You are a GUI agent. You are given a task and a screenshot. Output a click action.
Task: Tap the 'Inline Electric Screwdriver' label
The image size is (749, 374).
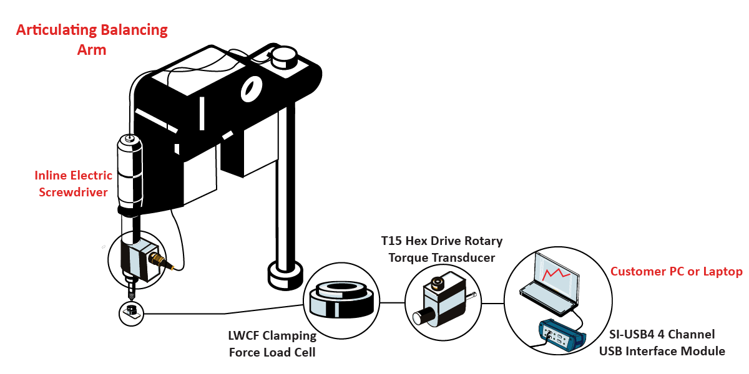click(74, 183)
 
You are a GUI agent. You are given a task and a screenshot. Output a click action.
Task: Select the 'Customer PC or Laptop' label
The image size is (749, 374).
click(676, 272)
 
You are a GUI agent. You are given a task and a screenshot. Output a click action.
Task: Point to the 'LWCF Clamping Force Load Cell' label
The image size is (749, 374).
click(272, 344)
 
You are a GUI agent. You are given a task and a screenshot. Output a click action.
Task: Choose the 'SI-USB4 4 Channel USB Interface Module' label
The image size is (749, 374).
click(662, 343)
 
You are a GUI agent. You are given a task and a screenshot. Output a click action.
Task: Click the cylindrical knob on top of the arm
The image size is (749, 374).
click(284, 57)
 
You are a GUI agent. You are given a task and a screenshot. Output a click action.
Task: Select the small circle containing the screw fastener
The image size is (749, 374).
click(130, 312)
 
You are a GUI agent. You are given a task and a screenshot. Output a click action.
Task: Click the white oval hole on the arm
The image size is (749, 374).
click(249, 89)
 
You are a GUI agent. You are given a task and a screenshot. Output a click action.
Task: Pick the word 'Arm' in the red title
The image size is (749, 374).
click(92, 50)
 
